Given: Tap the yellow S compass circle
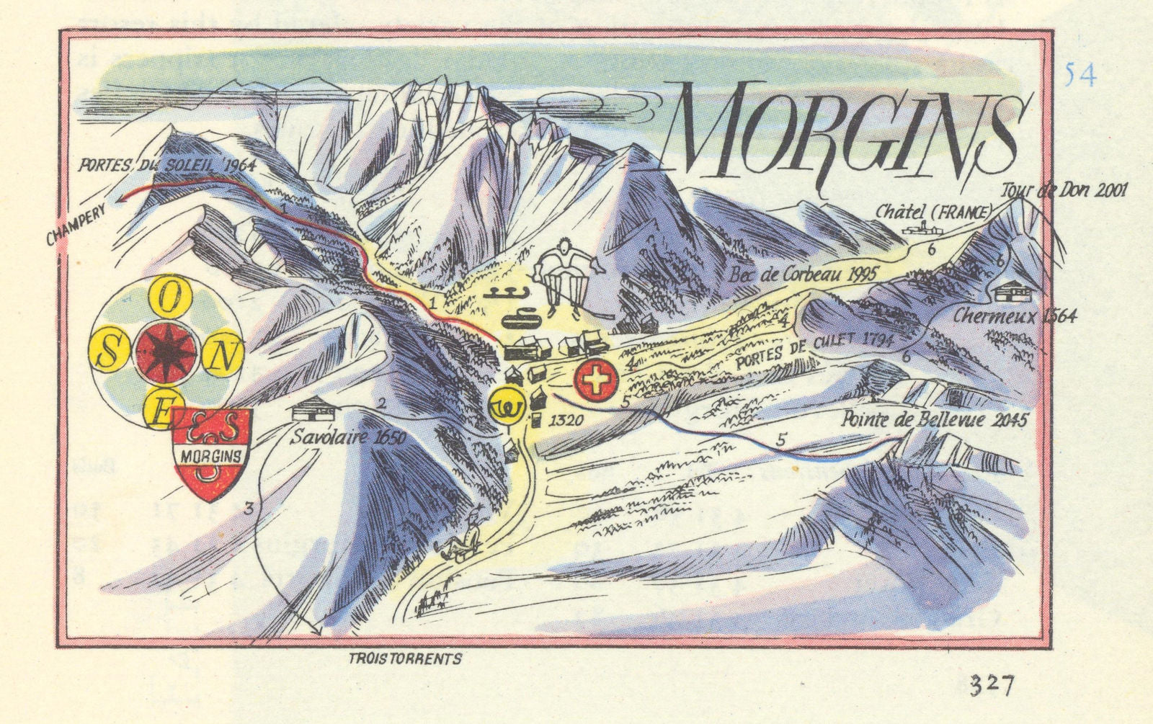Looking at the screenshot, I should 110,354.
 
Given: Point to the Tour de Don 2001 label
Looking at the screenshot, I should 1064,191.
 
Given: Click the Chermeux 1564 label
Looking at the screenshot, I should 1015,316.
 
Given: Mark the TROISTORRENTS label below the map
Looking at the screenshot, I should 404,658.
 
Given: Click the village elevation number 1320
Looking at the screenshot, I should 563,418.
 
